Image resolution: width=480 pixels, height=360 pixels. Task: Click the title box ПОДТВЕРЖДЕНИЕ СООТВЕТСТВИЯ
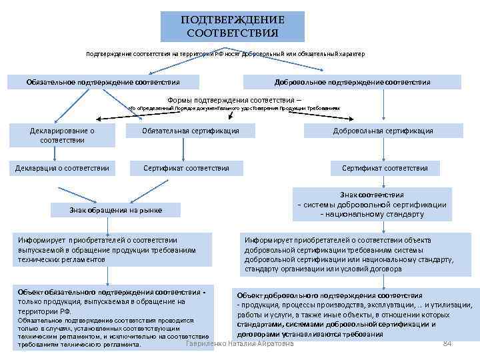tap(232, 27)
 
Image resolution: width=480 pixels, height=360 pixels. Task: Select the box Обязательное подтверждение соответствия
tap(103, 82)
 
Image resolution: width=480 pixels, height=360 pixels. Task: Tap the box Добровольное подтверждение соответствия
tap(352, 82)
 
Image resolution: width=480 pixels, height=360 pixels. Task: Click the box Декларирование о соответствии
tap(62, 135)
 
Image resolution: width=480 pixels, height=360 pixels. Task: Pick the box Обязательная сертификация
tap(191, 131)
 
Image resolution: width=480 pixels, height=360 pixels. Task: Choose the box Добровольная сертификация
tap(383, 131)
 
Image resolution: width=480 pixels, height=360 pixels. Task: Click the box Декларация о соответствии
tap(62, 168)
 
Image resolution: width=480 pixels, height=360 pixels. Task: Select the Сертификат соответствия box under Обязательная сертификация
tap(186, 168)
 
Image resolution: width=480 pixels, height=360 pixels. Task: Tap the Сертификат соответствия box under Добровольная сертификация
tap(385, 168)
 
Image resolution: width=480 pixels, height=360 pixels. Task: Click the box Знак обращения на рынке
tap(115, 210)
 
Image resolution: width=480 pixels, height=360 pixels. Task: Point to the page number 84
tap(447, 343)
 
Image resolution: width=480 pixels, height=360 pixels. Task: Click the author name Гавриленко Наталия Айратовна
tap(240, 343)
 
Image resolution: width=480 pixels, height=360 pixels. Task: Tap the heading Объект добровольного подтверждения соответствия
tap(329, 295)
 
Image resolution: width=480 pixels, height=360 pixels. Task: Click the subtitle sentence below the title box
tap(225, 53)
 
